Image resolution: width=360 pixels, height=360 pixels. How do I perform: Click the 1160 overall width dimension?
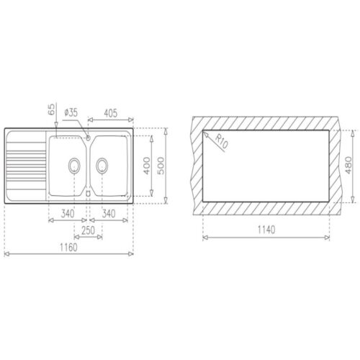pos(68,247)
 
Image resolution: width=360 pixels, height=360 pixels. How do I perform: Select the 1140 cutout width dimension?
pos(266,230)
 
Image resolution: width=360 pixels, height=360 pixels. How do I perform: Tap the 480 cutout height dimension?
pos(348,165)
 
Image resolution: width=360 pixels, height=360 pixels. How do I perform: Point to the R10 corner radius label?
pos(222,141)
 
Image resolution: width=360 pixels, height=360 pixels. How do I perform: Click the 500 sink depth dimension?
pos(161,166)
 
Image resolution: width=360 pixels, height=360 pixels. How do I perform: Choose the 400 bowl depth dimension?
pos(147,166)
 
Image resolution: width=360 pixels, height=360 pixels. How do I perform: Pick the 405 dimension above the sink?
pos(110,113)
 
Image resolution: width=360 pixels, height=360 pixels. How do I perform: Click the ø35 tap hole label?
pos(71,112)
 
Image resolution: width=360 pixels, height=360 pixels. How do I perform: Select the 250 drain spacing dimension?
pos(89,230)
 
